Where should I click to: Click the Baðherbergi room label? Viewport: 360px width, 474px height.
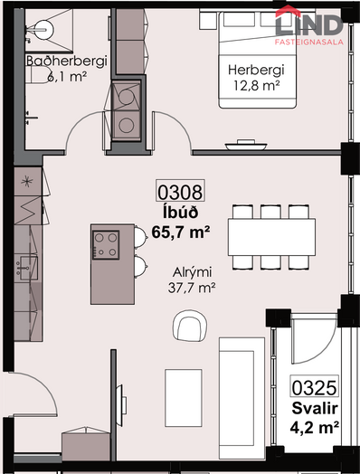[67, 61]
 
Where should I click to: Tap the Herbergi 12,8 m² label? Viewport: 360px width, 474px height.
[256, 78]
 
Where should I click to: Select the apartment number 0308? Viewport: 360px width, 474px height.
[180, 192]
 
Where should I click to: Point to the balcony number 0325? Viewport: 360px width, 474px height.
[315, 387]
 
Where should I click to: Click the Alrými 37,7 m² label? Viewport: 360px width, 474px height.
[192, 280]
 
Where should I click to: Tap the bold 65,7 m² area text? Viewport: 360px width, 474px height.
[181, 232]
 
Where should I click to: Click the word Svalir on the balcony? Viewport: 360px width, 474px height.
[315, 408]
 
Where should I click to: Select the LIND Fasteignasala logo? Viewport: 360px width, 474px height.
[309, 25]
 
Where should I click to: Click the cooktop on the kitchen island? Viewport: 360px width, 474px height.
[106, 245]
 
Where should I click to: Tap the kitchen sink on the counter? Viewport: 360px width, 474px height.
[28, 268]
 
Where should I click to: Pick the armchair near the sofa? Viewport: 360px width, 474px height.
[190, 326]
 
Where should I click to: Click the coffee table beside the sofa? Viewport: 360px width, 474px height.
[184, 398]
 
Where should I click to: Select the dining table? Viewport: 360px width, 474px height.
[271, 237]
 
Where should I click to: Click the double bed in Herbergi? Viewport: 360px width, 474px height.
[257, 60]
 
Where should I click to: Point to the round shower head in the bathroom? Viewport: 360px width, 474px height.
[44, 30]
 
